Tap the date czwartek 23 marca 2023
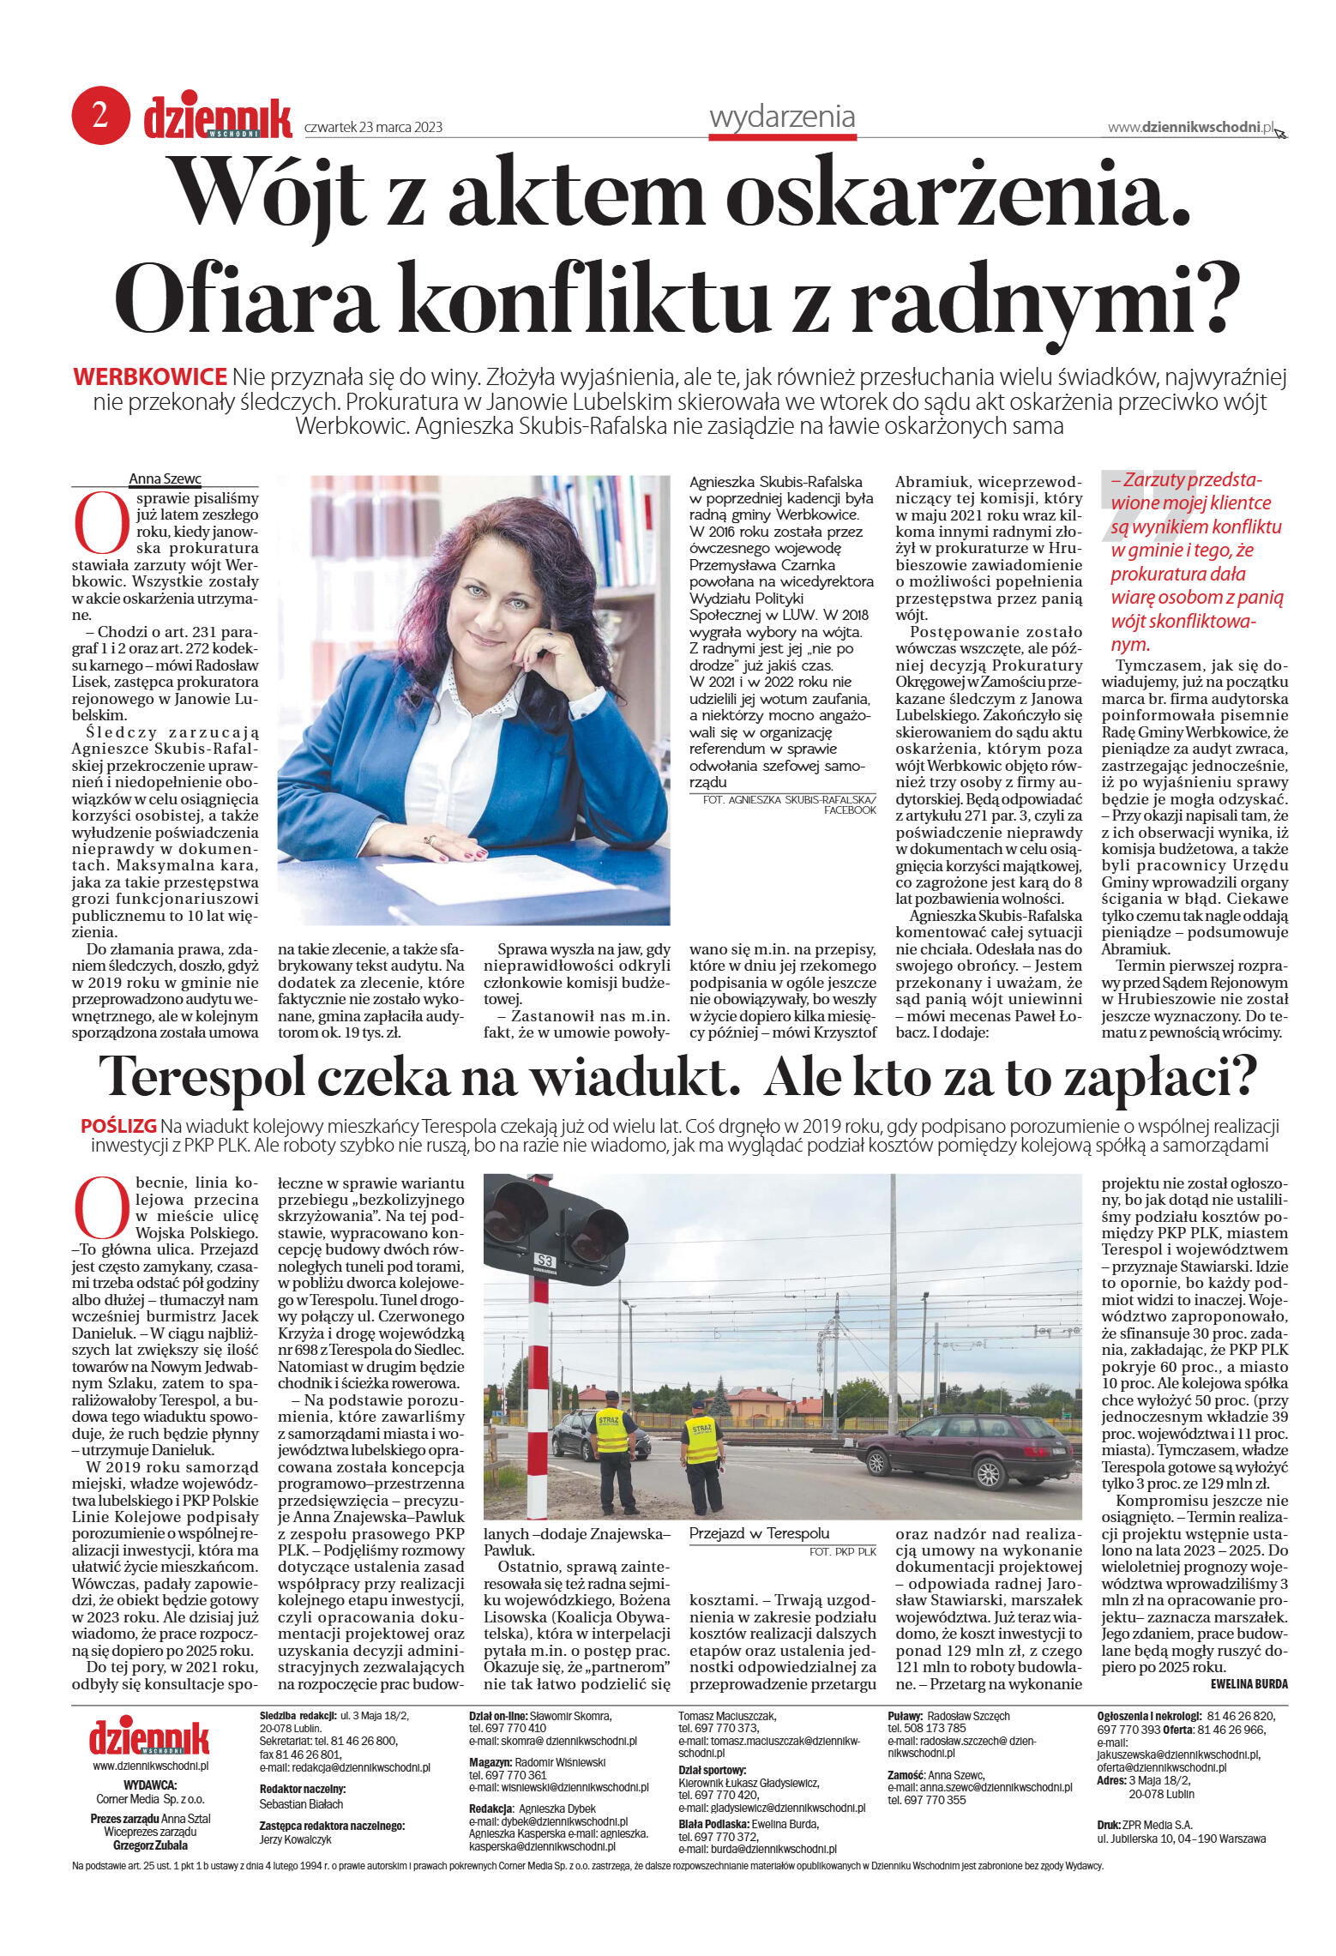coord(373,127)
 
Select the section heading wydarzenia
coord(781,117)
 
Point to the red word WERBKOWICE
coord(150,376)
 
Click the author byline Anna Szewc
coord(165,478)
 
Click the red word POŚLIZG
coord(118,1126)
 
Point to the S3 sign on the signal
coord(545,1260)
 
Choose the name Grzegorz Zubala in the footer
coord(150,1845)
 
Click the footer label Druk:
coord(1109,1824)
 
